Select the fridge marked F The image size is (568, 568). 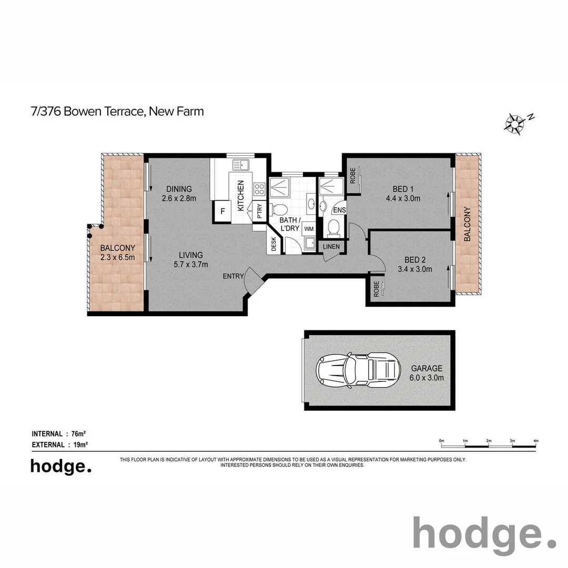[x=222, y=211]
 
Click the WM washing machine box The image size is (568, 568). [x=308, y=229]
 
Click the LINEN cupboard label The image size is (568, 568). [x=331, y=246]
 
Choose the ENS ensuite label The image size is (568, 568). [x=339, y=210]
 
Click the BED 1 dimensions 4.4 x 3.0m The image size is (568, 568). [x=402, y=199]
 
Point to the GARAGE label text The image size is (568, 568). [x=427, y=369]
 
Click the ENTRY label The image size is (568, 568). [x=233, y=277]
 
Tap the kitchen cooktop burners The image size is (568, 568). [x=259, y=189]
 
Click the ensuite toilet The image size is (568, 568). [x=332, y=227]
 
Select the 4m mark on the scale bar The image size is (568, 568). [x=536, y=441]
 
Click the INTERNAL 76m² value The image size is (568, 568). [x=78, y=434]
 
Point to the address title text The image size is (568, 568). [x=117, y=111]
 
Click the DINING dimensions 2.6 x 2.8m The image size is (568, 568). [x=179, y=199]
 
